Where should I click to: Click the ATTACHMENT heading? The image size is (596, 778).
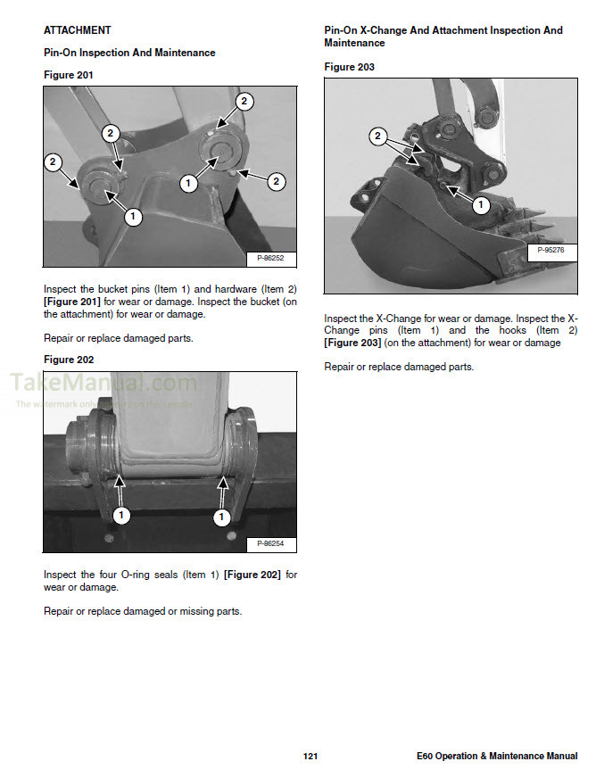(x=78, y=30)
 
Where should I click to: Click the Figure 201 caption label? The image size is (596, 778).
(x=68, y=75)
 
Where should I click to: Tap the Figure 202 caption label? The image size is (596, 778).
(x=68, y=360)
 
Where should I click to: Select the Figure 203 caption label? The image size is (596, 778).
(x=349, y=67)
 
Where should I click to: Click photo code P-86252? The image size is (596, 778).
(x=270, y=259)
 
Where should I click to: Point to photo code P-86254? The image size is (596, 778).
(x=270, y=543)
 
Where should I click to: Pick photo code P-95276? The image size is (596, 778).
(x=550, y=252)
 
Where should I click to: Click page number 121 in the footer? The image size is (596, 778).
(x=310, y=757)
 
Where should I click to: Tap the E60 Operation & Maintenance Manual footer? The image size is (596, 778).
(x=496, y=757)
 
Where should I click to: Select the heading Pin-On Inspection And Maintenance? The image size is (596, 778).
(x=129, y=53)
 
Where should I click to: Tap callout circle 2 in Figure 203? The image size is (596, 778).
(x=378, y=137)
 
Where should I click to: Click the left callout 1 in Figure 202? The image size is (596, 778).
(x=122, y=515)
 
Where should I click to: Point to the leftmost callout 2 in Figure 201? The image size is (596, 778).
(x=53, y=161)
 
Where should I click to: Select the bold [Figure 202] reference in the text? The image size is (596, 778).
(x=252, y=575)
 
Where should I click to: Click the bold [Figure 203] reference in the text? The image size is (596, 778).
(x=352, y=343)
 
